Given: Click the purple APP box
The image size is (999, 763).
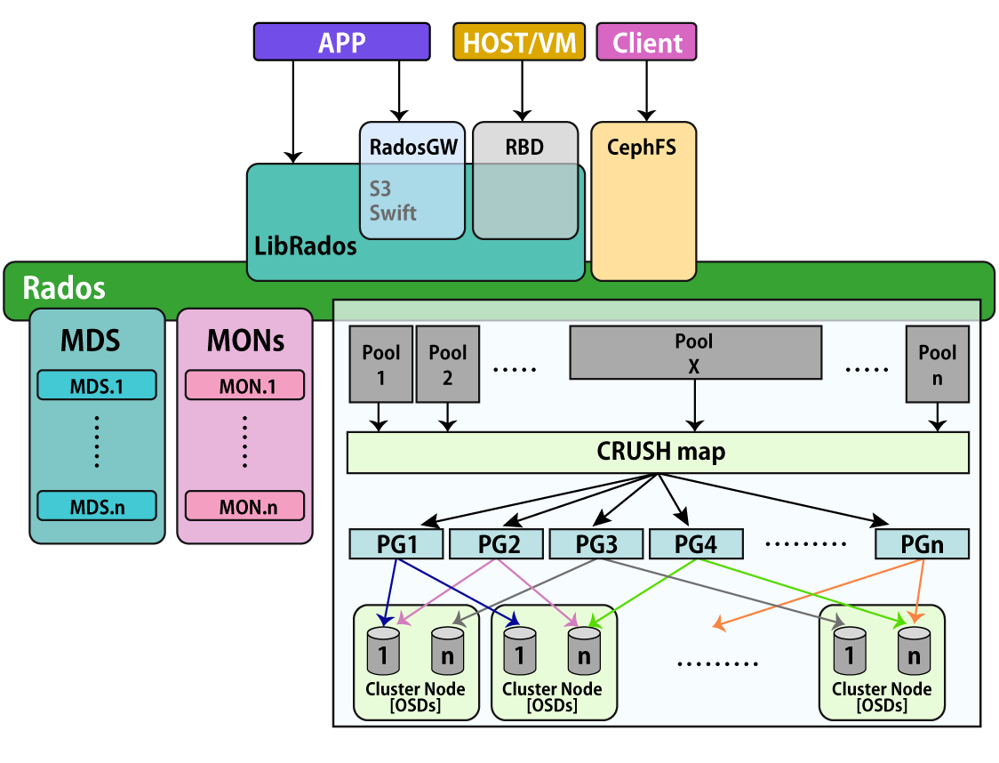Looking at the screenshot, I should point(342,42).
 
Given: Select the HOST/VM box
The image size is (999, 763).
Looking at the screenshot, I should point(519,42).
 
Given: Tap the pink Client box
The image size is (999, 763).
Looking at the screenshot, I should point(646,42).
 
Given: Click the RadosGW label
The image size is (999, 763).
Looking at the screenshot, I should point(412,147).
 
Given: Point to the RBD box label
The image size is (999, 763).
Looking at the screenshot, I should point(524,147).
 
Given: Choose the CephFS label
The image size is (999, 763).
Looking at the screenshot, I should point(641,147).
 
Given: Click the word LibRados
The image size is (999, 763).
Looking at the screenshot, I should point(306,246).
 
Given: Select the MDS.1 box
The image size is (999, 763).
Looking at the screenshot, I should point(97,386).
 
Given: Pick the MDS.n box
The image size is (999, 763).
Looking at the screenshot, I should point(97,507).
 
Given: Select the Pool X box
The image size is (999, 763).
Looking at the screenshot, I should point(694,352).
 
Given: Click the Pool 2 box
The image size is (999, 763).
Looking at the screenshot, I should point(447,364).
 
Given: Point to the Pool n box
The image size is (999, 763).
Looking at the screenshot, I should point(937,364).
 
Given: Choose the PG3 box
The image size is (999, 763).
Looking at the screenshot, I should point(595,543).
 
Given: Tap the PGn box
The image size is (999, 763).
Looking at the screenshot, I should point(922,543).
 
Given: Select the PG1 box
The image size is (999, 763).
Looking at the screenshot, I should point(396,543).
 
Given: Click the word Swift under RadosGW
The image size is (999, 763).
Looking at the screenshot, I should point(393,213).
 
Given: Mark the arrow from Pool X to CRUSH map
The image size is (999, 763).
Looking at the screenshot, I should point(694,406).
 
